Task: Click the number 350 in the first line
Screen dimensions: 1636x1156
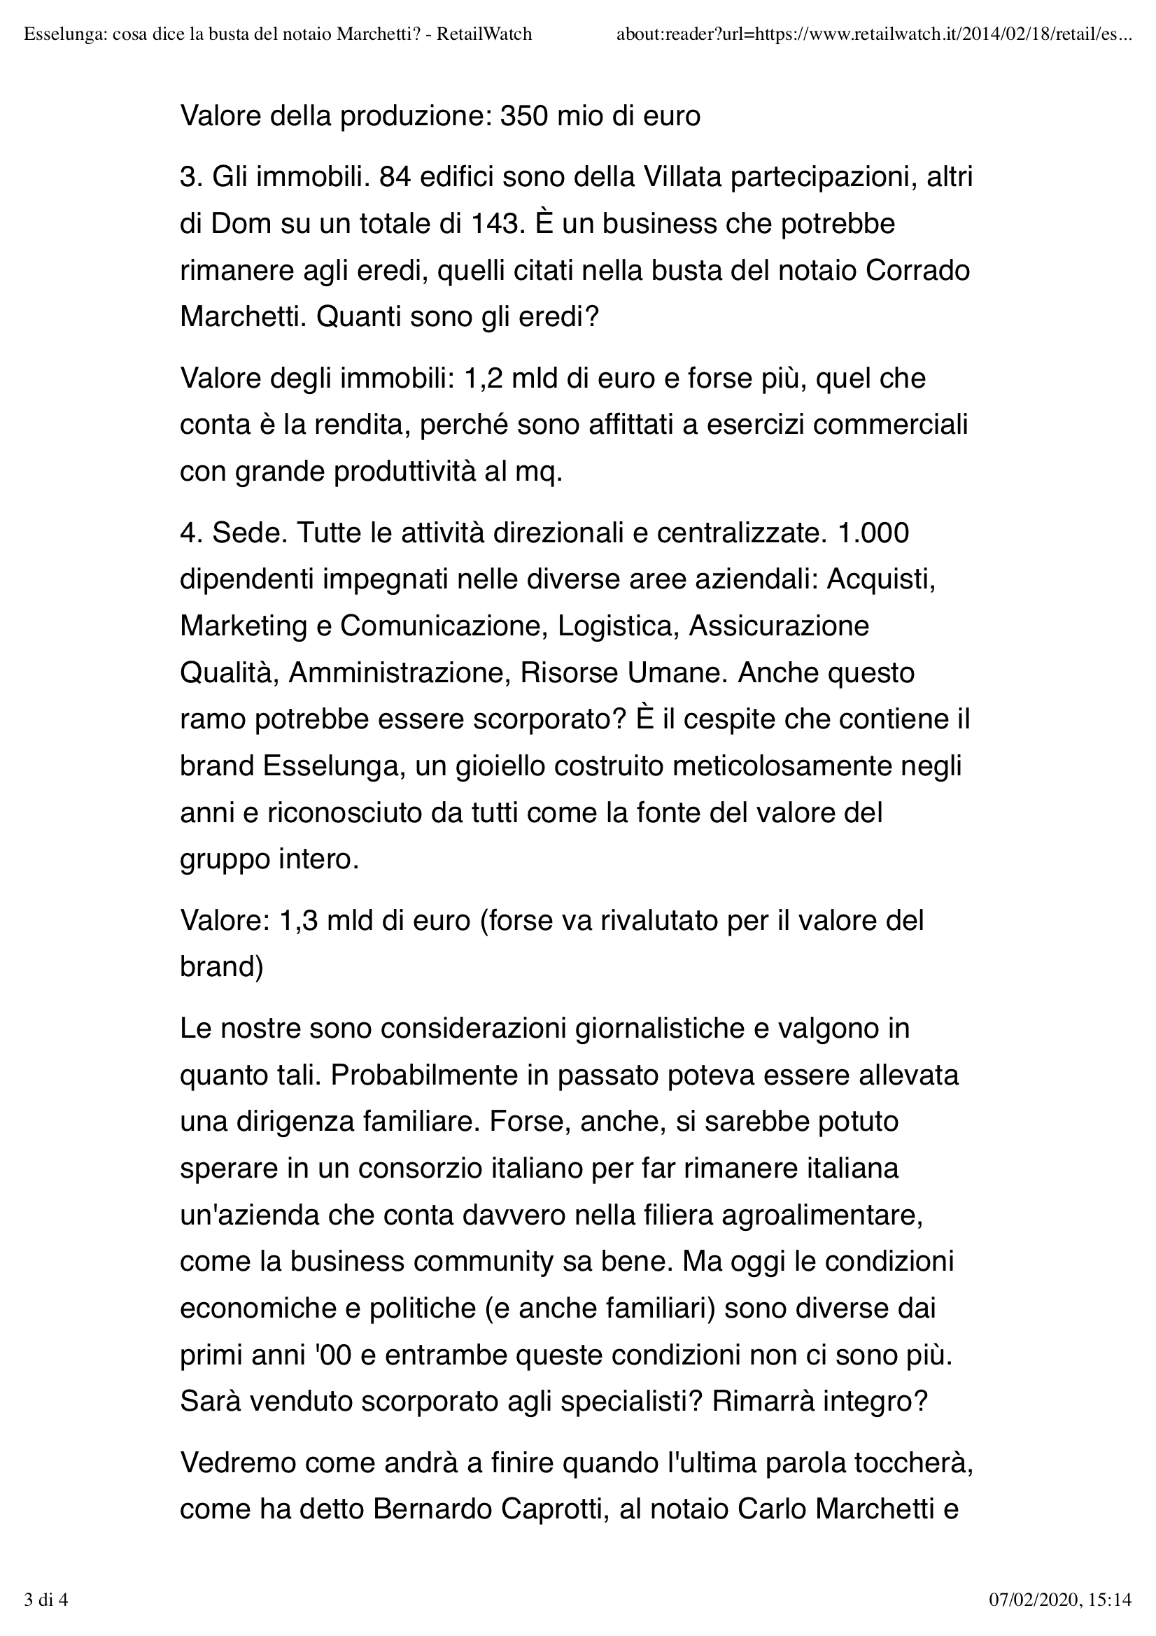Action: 523,116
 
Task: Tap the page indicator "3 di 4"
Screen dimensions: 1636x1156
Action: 45,1600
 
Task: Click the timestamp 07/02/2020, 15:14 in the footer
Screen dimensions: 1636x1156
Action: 1061,1600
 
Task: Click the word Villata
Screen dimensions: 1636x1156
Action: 689,177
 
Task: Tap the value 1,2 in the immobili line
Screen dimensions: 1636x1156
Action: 483,378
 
